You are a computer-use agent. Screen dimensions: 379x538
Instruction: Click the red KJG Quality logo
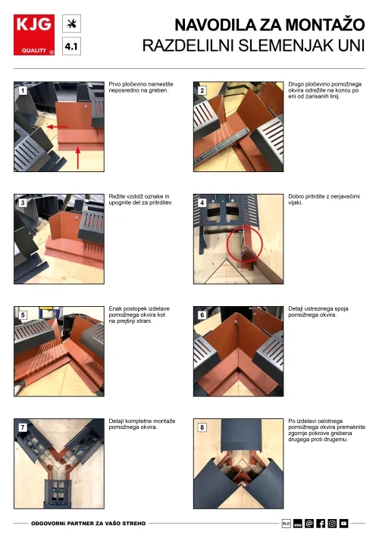point(34,35)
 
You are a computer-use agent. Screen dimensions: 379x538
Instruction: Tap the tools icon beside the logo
point(72,23)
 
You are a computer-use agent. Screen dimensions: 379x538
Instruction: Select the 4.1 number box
point(72,46)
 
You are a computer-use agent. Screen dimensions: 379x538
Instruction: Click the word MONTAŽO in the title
point(325,25)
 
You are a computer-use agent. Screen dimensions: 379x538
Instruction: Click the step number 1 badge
point(23,91)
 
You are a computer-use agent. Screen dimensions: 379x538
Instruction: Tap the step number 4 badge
point(202,203)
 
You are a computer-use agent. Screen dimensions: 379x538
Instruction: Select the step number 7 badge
point(23,427)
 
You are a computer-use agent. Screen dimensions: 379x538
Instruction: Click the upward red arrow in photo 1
point(78,158)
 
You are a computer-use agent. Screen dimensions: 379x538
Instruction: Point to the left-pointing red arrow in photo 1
point(58,127)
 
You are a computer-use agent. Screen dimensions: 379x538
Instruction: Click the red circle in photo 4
point(244,244)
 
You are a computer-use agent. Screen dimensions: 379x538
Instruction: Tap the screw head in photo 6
point(236,322)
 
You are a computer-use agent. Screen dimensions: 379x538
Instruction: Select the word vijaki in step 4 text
point(295,203)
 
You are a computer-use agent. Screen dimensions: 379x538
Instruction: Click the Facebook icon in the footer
point(321,524)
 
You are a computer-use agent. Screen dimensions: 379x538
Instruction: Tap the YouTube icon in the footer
point(343,524)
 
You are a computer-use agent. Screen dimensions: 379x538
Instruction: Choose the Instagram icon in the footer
point(332,524)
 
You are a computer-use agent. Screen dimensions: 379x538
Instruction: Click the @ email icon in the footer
point(309,524)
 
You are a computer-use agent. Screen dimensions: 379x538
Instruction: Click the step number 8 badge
point(202,427)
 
